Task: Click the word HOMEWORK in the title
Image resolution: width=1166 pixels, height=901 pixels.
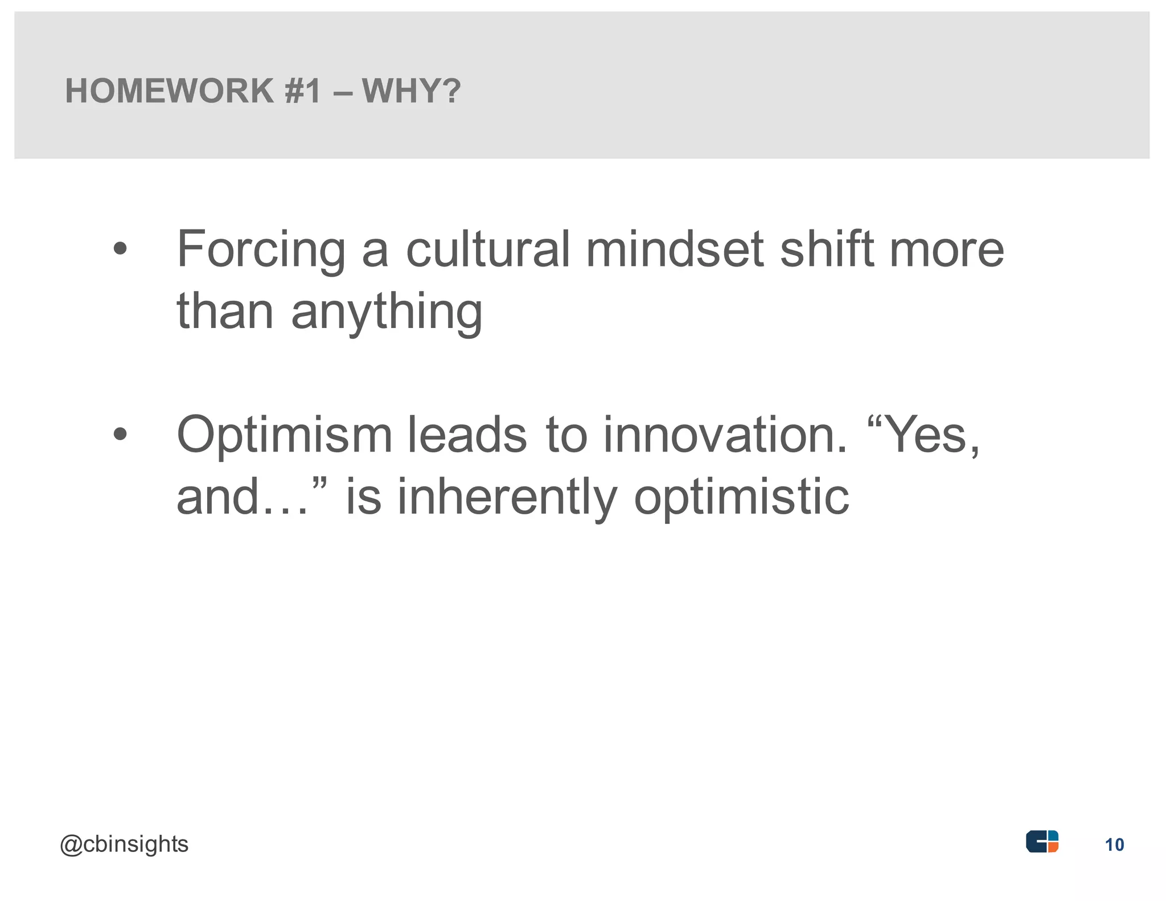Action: pyautogui.click(x=170, y=91)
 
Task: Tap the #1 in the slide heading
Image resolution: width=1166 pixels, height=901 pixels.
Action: pyautogui.click(x=303, y=91)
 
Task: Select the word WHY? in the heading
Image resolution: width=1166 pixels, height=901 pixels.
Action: pyautogui.click(x=411, y=91)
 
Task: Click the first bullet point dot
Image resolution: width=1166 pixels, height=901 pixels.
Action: pyautogui.click(x=120, y=249)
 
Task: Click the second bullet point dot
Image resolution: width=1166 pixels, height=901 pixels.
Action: pyautogui.click(x=120, y=435)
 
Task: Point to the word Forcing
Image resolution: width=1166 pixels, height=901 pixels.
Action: pyautogui.click(x=261, y=251)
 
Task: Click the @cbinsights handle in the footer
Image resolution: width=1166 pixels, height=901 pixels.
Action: pyautogui.click(x=124, y=845)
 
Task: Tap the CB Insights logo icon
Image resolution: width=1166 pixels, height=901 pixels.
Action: pyautogui.click(x=1042, y=842)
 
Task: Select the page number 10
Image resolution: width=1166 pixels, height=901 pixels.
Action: pyautogui.click(x=1114, y=845)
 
